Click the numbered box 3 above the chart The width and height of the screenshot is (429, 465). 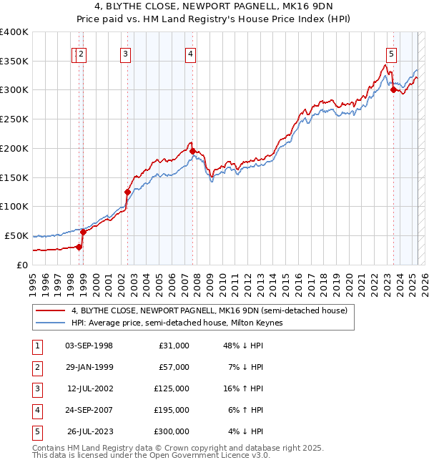click(x=125, y=52)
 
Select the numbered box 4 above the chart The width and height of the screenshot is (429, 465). click(x=191, y=52)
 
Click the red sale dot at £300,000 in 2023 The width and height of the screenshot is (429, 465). click(x=393, y=89)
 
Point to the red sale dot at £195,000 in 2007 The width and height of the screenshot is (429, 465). click(x=193, y=150)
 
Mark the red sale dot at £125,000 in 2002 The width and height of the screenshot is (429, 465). click(x=128, y=192)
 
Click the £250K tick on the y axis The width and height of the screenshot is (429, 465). click(x=15, y=119)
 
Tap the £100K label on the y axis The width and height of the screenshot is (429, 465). click(x=15, y=206)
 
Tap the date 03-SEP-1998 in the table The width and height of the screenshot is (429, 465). click(x=89, y=346)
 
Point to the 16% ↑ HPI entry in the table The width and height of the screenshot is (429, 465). click(x=243, y=388)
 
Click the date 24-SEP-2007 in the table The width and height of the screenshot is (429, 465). click(x=89, y=410)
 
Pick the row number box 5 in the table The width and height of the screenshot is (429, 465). click(x=36, y=431)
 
